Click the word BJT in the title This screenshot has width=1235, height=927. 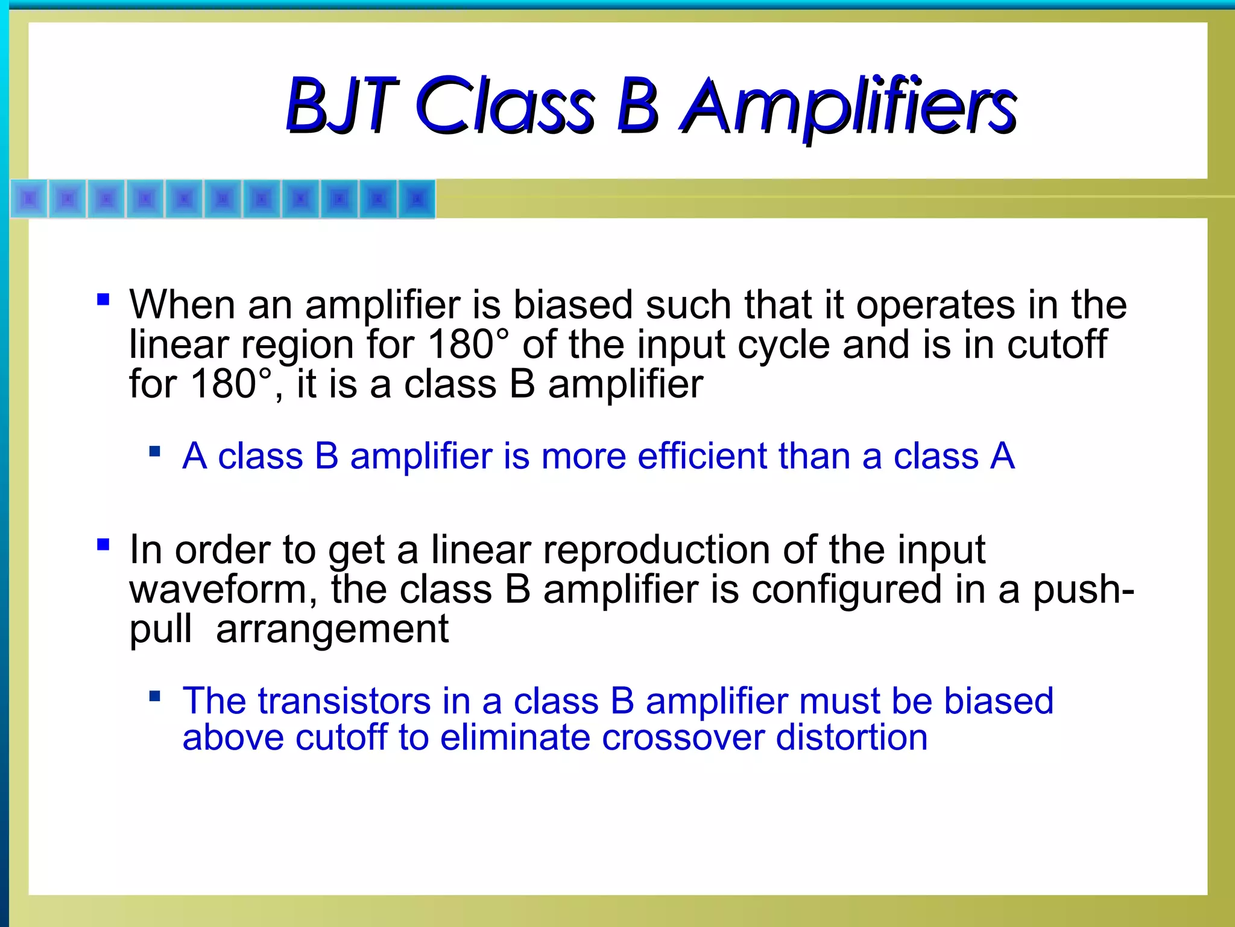coord(341,106)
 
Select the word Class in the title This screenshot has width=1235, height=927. coord(505,106)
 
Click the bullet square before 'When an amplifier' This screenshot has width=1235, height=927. coord(103,299)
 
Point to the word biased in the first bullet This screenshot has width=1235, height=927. coord(572,305)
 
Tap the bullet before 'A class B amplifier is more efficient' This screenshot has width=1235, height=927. coord(155,451)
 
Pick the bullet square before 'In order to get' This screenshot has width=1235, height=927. coord(103,544)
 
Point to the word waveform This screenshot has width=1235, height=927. coord(223,590)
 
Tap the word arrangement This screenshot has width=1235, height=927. coord(332,629)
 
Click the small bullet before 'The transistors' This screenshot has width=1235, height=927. coord(155,696)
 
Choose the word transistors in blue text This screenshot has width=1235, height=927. coord(344,701)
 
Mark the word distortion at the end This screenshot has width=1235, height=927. coord(851,737)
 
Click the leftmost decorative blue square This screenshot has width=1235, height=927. coord(29,199)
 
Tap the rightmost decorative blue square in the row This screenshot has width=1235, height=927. coord(417,199)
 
